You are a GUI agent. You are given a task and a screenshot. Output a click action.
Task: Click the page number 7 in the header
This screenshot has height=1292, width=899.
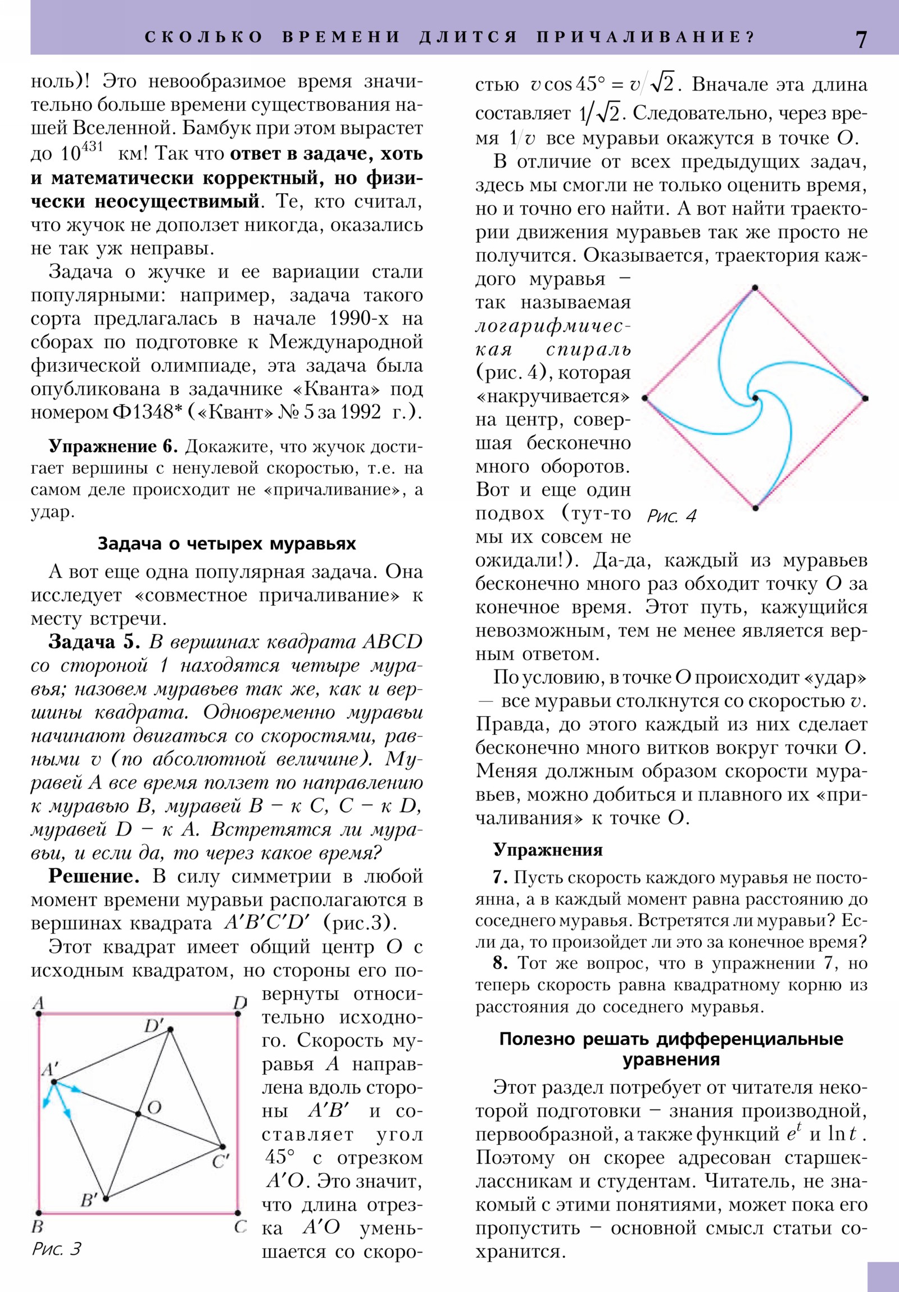tap(861, 39)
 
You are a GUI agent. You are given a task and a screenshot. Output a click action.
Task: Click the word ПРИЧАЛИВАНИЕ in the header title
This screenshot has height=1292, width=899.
tap(644, 37)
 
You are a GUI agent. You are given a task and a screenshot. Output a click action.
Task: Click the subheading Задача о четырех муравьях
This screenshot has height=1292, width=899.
tap(226, 544)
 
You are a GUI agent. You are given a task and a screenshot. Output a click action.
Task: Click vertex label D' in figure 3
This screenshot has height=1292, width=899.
tap(153, 1025)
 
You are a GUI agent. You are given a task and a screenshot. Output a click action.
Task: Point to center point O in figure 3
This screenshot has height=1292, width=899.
tap(138, 1113)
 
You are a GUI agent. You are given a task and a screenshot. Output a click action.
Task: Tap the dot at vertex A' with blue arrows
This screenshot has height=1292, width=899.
tap(53, 1081)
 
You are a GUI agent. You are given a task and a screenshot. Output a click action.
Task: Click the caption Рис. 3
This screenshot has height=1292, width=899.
tap(56, 1249)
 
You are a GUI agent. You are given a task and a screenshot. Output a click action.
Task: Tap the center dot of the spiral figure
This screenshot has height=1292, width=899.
tap(755, 398)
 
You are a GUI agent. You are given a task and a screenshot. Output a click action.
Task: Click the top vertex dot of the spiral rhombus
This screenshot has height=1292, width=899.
tap(755, 288)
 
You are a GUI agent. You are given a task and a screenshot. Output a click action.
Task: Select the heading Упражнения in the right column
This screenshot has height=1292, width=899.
tap(548, 850)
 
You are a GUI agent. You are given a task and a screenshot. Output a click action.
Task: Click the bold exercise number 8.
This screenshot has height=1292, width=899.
tap(500, 963)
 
